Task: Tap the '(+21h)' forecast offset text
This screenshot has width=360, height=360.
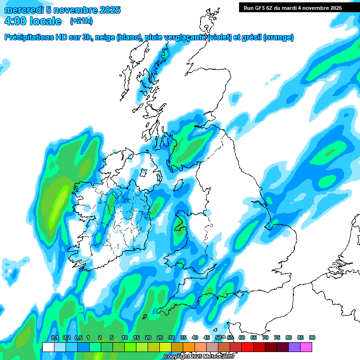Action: click(x=81, y=21)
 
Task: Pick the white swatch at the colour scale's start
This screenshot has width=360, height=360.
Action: click(x=48, y=347)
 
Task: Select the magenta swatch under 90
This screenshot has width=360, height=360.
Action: click(x=306, y=347)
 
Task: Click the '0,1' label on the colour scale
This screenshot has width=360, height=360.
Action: click(x=54, y=338)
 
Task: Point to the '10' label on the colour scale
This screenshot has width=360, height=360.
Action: click(x=125, y=338)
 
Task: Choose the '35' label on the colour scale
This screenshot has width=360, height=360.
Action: click(x=183, y=338)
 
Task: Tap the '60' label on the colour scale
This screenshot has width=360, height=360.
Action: click(x=242, y=338)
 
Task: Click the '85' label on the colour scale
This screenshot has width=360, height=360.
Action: click(x=300, y=338)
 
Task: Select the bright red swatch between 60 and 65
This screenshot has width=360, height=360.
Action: click(x=247, y=347)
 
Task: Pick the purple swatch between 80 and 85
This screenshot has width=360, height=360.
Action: click(x=294, y=347)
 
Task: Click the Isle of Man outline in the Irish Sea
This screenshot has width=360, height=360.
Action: click(x=180, y=182)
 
